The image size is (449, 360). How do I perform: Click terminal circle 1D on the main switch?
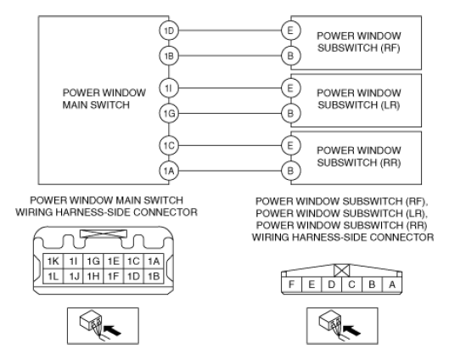[x=169, y=31]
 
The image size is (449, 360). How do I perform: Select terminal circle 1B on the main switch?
[x=169, y=56]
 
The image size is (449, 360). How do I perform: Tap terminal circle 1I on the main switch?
[x=169, y=88]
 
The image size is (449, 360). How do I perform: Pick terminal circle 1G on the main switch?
[x=169, y=114]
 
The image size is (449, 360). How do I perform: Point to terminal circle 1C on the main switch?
[x=169, y=145]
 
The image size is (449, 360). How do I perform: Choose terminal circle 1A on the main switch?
[x=169, y=171]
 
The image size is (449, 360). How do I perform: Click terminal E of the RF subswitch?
[x=290, y=31]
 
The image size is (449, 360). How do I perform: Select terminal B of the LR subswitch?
[x=290, y=114]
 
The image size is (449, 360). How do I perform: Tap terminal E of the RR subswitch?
[x=290, y=145]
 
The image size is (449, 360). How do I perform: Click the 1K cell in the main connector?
[x=53, y=262]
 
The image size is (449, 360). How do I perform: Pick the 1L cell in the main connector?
[x=53, y=276]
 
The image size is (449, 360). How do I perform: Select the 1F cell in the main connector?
[x=114, y=276]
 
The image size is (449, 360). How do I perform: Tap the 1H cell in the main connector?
[x=93, y=276]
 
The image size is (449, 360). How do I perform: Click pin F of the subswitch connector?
[x=291, y=284]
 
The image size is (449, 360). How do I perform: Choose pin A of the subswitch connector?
[x=392, y=284]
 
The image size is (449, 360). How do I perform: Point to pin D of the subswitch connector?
[x=332, y=284]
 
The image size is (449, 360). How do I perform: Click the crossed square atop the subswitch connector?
[x=342, y=270]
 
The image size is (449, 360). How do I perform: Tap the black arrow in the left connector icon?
[x=112, y=330]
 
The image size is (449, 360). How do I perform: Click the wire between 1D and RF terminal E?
[x=230, y=31]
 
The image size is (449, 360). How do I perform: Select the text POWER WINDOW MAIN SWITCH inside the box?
[x=104, y=98]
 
